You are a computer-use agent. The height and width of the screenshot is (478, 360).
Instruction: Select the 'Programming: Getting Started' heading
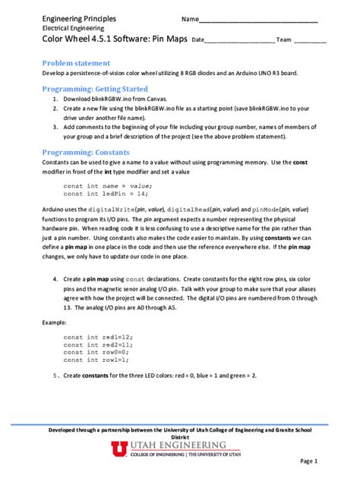point(94,89)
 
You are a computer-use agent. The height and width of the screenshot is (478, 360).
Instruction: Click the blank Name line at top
point(258,19)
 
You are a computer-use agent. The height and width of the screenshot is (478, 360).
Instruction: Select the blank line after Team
point(310,39)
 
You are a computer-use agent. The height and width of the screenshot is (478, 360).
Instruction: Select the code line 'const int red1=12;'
point(98,336)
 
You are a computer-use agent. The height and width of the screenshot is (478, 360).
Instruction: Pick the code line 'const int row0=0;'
point(96,352)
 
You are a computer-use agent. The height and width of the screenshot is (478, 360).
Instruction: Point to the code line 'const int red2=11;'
point(98,344)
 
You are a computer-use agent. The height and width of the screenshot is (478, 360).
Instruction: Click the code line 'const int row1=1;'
point(96,360)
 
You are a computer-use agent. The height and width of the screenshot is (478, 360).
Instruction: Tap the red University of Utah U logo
point(120,449)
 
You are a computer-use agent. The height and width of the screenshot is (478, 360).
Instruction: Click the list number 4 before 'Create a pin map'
point(55,278)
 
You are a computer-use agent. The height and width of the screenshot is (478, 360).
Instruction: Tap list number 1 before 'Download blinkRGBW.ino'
point(55,99)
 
